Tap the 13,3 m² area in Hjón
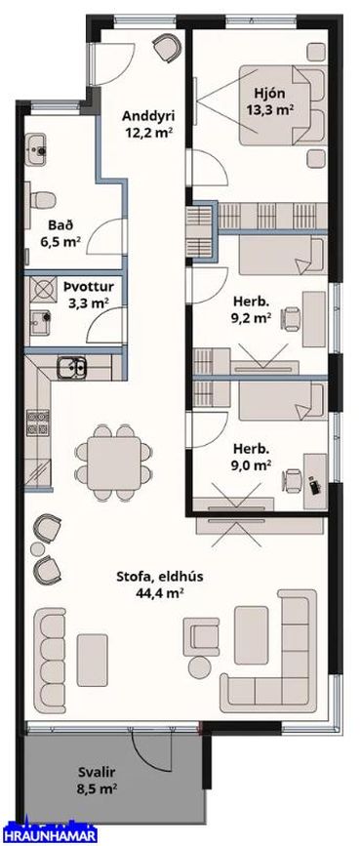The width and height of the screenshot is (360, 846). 274,110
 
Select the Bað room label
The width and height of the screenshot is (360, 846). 59,224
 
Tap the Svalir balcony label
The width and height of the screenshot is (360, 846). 98,772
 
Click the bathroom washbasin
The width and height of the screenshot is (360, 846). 37,145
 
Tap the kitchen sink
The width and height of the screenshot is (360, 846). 72,367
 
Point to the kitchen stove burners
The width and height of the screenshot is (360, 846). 38,423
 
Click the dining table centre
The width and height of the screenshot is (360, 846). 114,463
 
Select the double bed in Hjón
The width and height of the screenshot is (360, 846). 283,105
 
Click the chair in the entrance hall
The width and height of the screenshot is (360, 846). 167,47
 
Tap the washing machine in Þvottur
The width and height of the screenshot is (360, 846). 43,291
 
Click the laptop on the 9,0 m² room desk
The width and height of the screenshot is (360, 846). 314,485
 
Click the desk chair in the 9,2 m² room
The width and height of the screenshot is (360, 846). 291,318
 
